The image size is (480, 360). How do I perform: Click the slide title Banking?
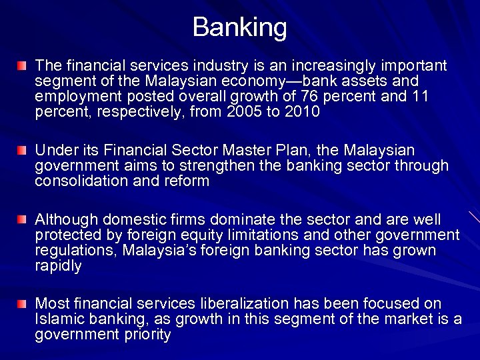(240, 27)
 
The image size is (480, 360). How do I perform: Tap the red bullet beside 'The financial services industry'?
(24, 67)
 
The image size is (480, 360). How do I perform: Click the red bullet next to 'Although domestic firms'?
(24, 219)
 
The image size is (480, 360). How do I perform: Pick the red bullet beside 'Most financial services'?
(24, 304)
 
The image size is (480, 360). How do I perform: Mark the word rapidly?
(58, 266)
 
